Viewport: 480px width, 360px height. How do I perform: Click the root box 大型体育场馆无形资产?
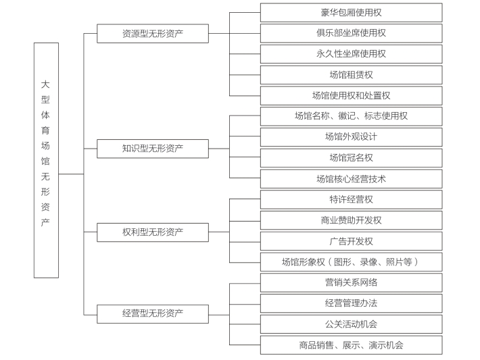(46, 160)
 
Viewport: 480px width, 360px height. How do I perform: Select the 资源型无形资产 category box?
(153, 34)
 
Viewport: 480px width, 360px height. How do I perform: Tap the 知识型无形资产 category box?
(153, 149)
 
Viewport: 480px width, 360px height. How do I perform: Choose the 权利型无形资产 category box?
(153, 232)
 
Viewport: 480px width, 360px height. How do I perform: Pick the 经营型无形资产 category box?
(153, 314)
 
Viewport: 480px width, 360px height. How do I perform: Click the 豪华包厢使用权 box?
(352, 13)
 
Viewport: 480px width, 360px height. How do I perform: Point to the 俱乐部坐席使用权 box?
(352, 33)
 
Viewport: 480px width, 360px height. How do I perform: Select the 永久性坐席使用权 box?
(352, 54)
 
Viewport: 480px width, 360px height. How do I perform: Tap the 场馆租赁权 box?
(352, 75)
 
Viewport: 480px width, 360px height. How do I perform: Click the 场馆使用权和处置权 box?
(352, 96)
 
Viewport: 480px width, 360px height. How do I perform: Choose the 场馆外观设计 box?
(352, 137)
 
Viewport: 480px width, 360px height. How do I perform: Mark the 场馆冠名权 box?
(352, 158)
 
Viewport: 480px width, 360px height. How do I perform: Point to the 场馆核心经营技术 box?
(352, 179)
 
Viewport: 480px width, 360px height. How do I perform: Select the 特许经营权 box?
(352, 200)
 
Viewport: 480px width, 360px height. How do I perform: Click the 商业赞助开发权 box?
(352, 220)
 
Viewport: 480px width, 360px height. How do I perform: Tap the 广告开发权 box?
(352, 241)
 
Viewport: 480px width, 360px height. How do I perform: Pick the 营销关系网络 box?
(352, 282)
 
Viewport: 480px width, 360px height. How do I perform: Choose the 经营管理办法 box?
(352, 303)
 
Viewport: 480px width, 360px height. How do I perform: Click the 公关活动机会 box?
(352, 324)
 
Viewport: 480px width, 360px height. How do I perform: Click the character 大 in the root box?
(45, 84)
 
